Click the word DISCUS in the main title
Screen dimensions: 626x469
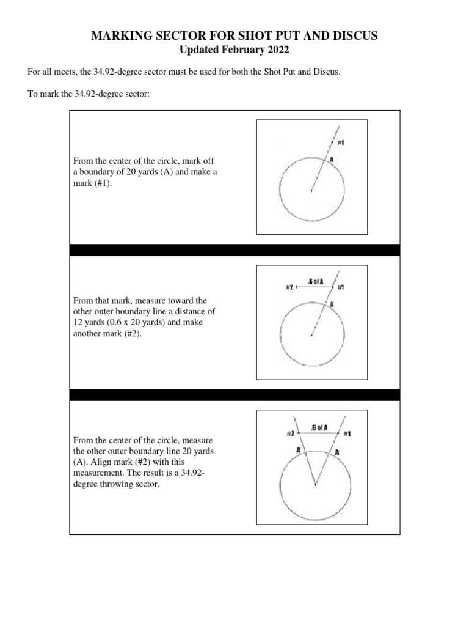coord(354,36)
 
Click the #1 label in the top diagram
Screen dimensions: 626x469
coord(341,142)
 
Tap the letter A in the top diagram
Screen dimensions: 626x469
coord(332,159)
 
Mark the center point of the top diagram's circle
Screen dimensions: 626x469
coord(311,191)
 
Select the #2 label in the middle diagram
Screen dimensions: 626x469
coord(289,287)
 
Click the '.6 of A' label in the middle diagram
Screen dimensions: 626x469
coord(316,282)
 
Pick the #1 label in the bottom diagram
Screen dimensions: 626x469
coord(346,433)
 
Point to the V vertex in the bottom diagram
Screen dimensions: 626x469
coord(315,485)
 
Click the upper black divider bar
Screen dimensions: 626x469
coord(234,250)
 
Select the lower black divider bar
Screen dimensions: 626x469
coord(234,395)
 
